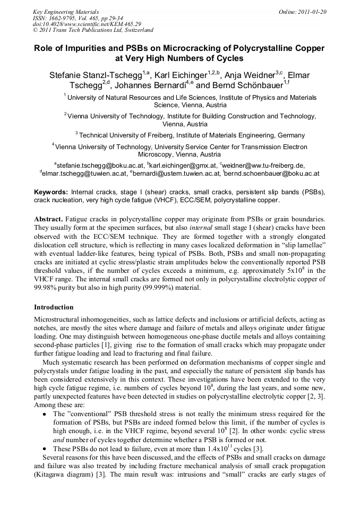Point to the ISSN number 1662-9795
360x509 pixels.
[67, 18]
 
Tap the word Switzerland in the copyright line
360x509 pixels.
[135, 30]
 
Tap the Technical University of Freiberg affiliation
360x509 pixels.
[192, 135]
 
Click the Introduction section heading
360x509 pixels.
[54, 307]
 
